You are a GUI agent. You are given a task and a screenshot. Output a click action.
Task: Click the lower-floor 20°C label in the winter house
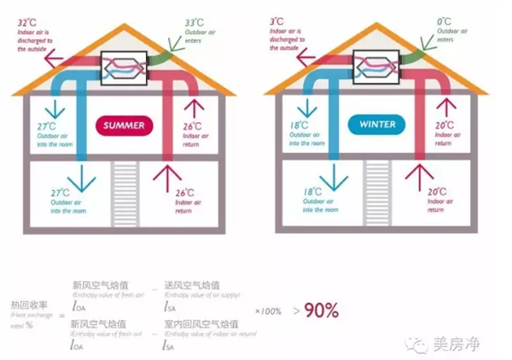[434, 192]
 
